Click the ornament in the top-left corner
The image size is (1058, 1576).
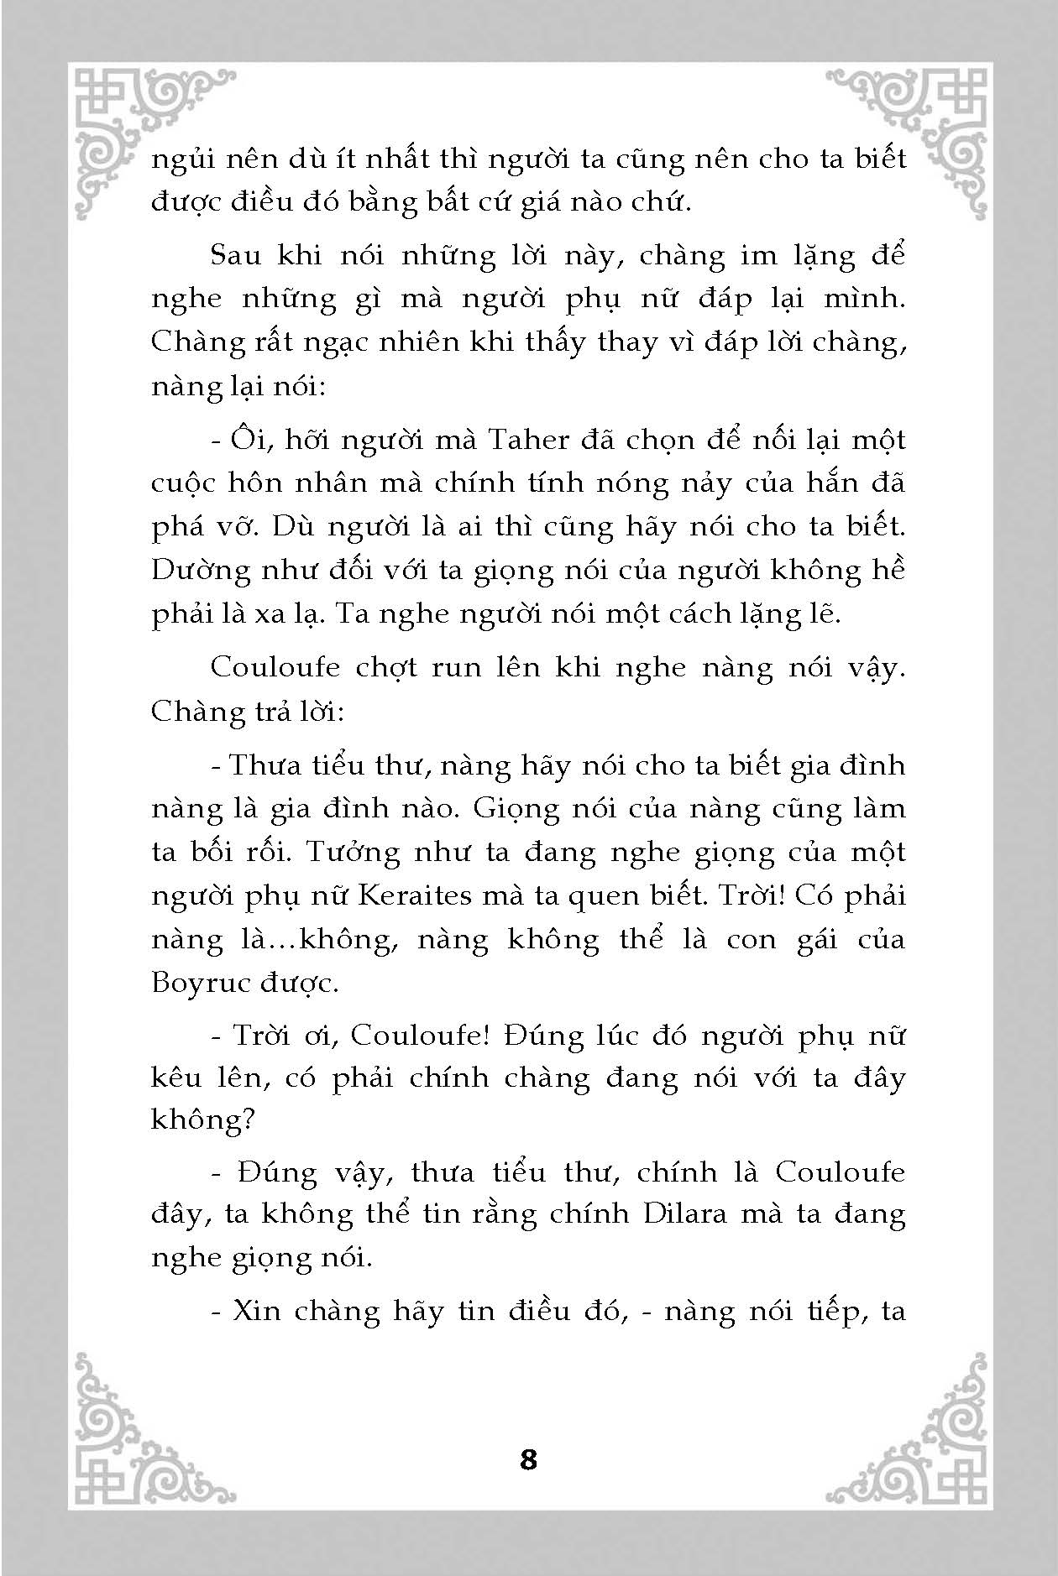[139, 134]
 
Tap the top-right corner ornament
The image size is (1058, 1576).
[919, 134]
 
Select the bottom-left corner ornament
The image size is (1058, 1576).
[139, 1435]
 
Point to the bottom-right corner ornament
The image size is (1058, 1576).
[919, 1435]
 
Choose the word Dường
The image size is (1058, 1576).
[199, 571]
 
